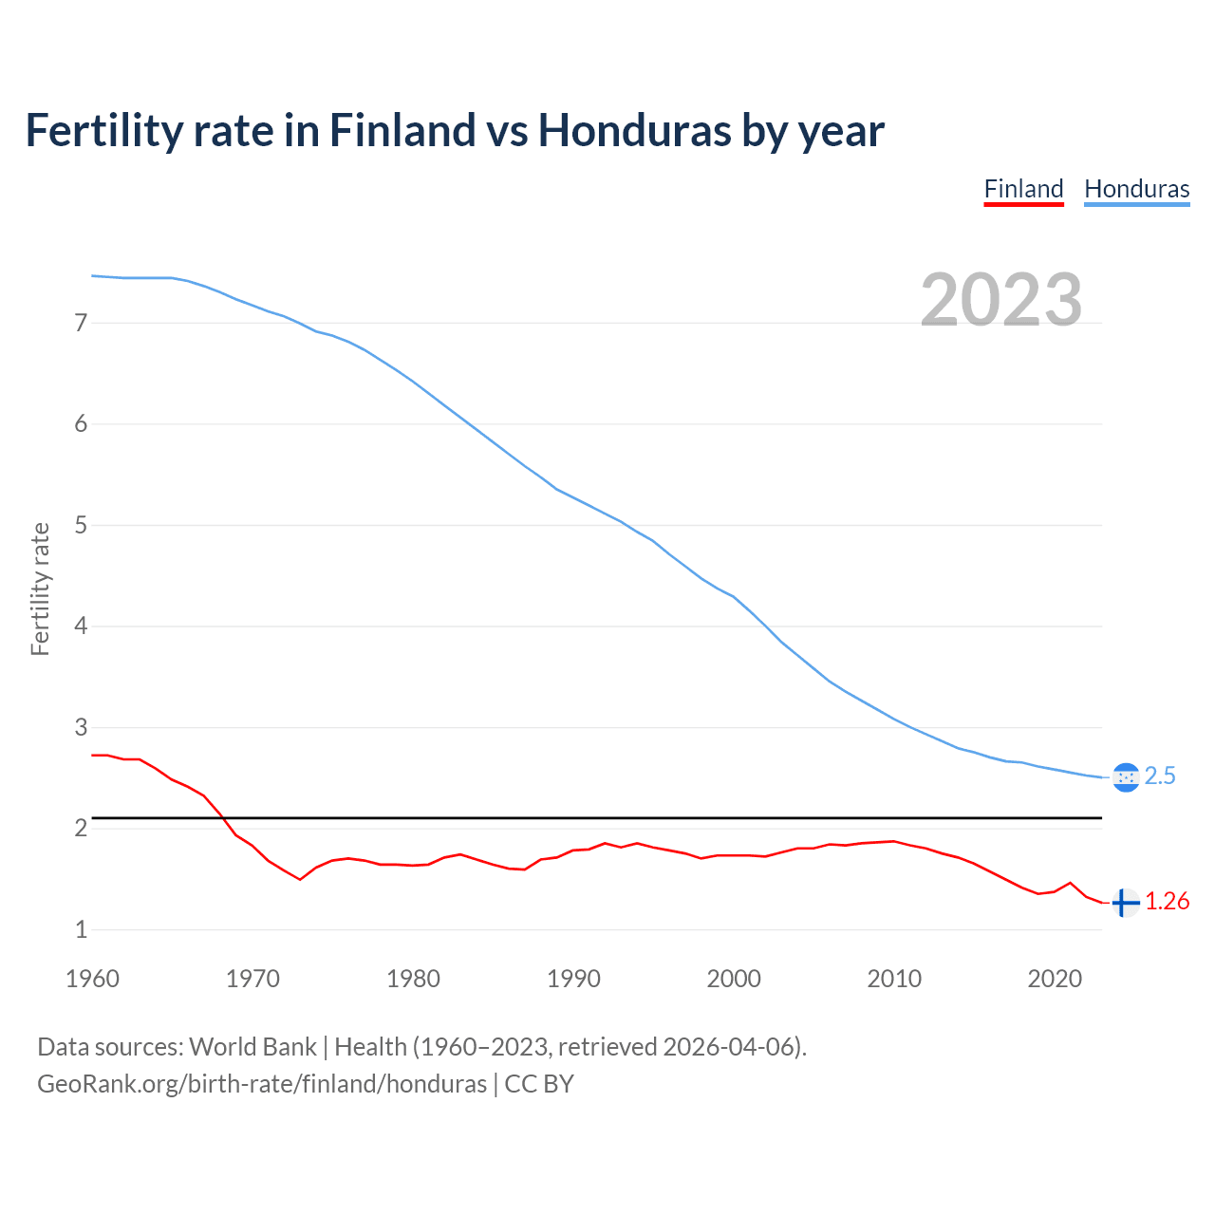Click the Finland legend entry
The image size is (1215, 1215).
[x=1023, y=189]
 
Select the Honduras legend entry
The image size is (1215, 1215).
[x=1136, y=189]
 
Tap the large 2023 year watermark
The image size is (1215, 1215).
[x=1000, y=300]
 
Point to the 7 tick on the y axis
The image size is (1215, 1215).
[x=81, y=323]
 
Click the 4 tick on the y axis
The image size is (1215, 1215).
[x=81, y=626]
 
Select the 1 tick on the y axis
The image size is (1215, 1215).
[x=81, y=930]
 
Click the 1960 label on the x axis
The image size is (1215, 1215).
[x=92, y=979]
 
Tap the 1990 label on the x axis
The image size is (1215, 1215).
[x=573, y=979]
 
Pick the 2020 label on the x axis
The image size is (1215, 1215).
[x=1055, y=979]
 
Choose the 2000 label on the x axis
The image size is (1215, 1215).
[x=734, y=979]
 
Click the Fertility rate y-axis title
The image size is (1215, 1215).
[x=40, y=589]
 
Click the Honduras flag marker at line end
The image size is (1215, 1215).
[x=1125, y=777]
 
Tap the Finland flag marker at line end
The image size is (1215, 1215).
[x=1125, y=903]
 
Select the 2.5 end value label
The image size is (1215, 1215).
[x=1160, y=776]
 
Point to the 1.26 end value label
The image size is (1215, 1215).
[x=1167, y=902]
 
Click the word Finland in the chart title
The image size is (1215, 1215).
[x=402, y=130]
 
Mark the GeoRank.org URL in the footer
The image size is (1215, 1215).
[x=261, y=1084]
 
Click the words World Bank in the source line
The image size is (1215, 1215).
[x=252, y=1047]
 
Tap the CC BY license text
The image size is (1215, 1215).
[x=539, y=1084]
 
